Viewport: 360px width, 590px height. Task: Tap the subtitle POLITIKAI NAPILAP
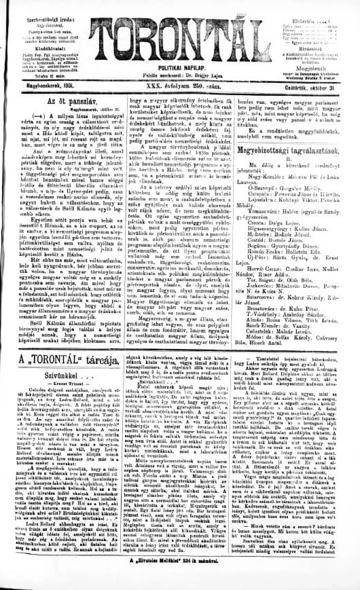[181, 69]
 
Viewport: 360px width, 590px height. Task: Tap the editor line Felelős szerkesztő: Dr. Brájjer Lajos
[181, 77]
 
